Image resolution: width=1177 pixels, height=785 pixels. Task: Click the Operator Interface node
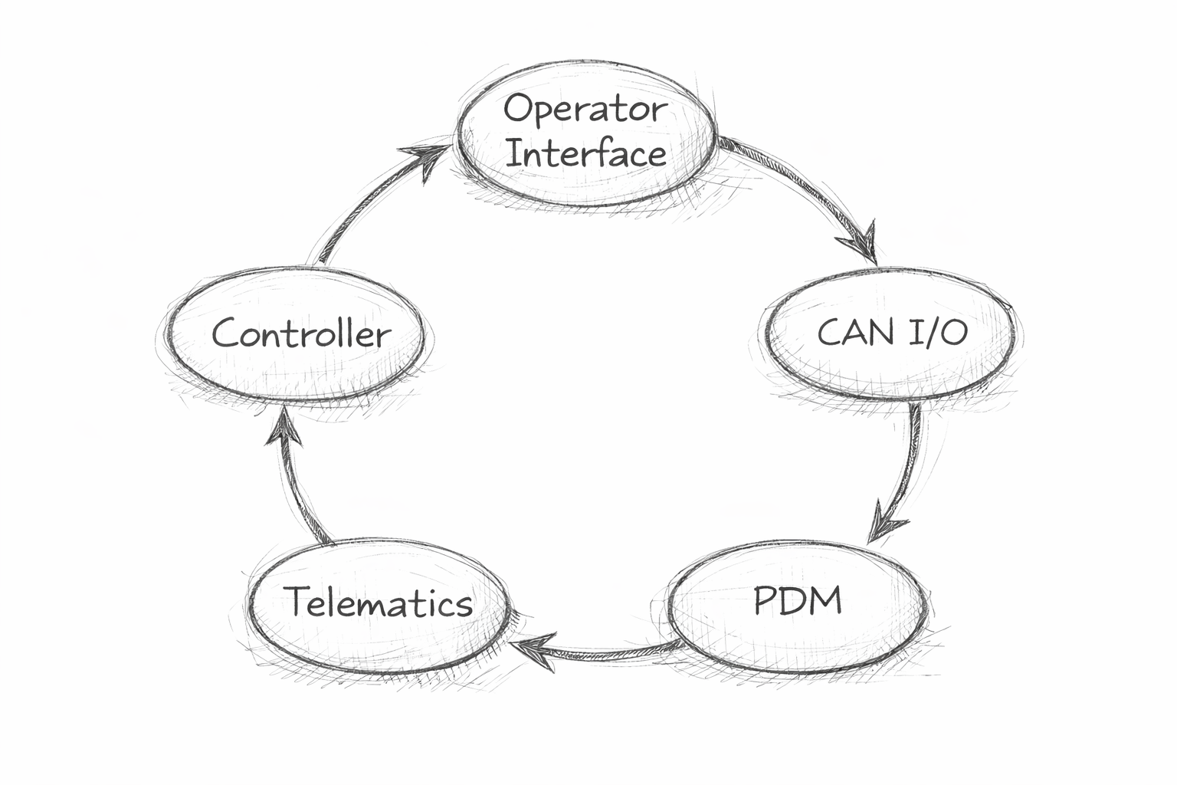pos(586,132)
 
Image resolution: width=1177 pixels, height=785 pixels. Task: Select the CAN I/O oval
pos(891,333)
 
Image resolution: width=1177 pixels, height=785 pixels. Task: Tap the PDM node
pos(797,606)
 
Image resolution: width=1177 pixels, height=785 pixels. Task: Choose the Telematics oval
pos(377,606)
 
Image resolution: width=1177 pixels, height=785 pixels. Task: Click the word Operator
pos(584,109)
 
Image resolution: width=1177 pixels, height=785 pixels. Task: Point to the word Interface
pos(586,153)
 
